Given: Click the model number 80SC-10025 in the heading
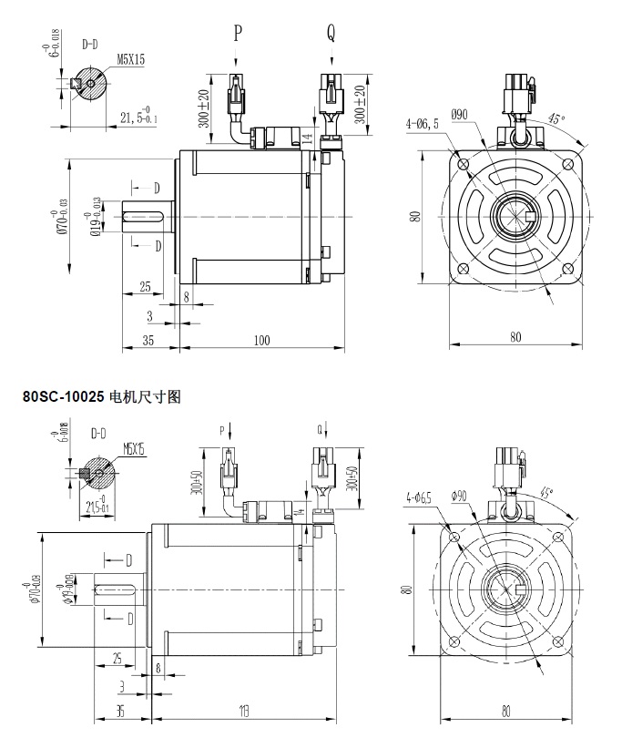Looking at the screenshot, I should click(x=63, y=397).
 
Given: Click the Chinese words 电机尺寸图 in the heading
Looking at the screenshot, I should click(x=147, y=397).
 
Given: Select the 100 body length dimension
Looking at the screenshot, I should click(x=262, y=340).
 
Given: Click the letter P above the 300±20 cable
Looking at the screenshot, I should click(x=238, y=35).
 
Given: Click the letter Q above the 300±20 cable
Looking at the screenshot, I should click(x=331, y=35).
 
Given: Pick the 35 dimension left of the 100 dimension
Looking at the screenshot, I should click(x=148, y=340).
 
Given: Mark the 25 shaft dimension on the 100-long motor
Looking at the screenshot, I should click(x=145, y=287).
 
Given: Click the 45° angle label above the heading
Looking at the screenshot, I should click(x=556, y=119).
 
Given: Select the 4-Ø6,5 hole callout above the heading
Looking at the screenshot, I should click(x=421, y=123).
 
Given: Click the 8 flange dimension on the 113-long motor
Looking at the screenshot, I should click(x=160, y=668).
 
